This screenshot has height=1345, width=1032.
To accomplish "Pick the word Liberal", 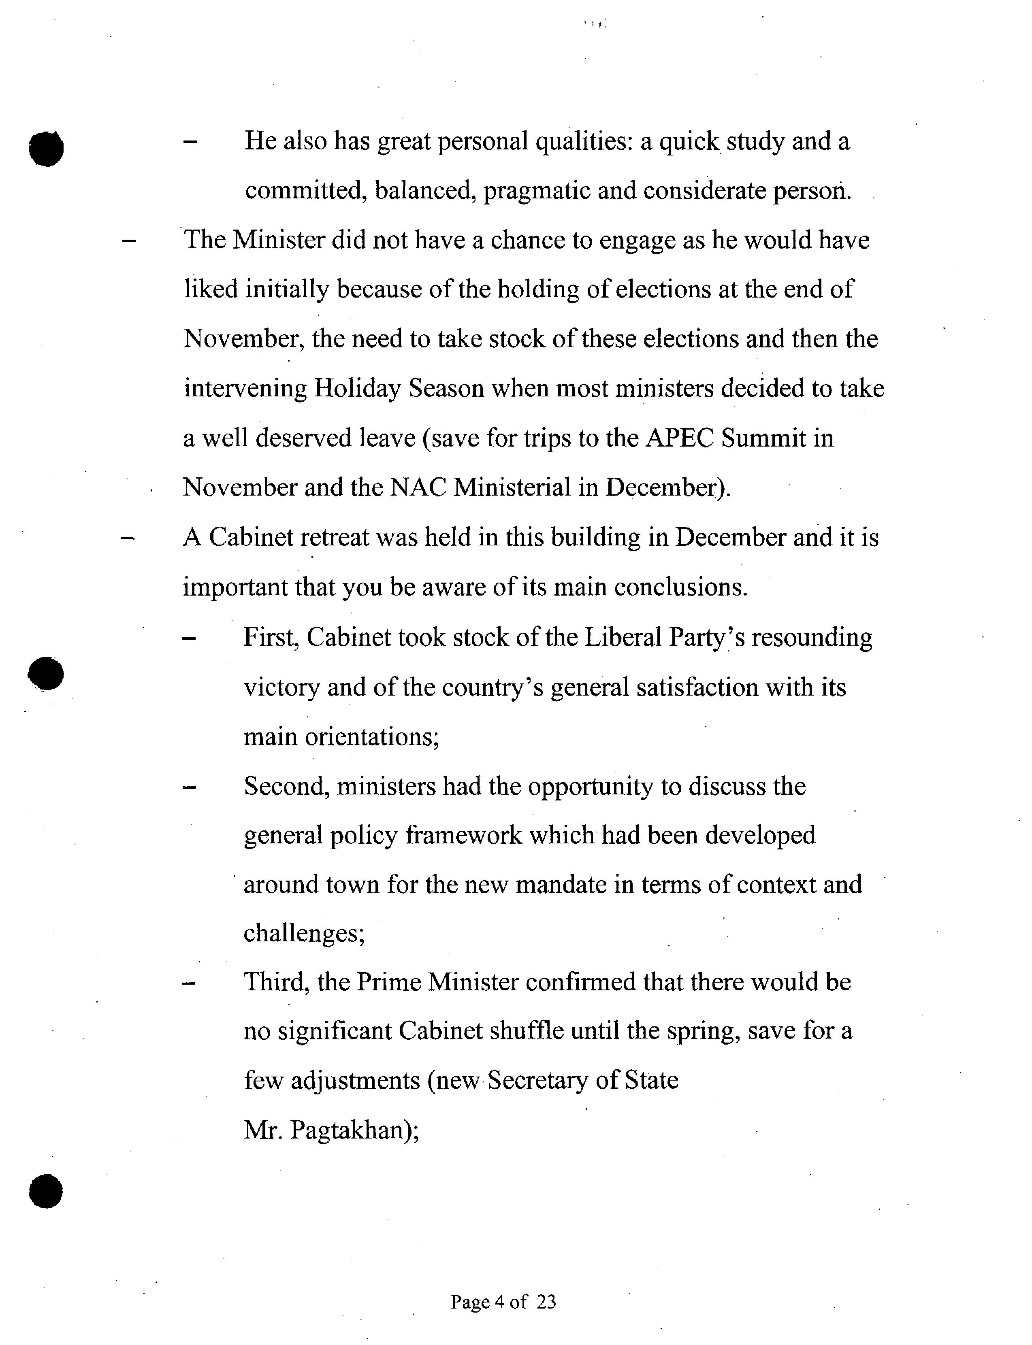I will (x=622, y=638).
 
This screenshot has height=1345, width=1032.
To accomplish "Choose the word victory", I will (x=281, y=687).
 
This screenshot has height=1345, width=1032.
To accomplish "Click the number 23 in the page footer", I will (x=546, y=1301).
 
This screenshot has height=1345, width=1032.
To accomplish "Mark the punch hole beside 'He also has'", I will (x=46, y=148).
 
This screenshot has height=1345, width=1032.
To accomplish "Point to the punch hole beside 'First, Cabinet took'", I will (x=46, y=673).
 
